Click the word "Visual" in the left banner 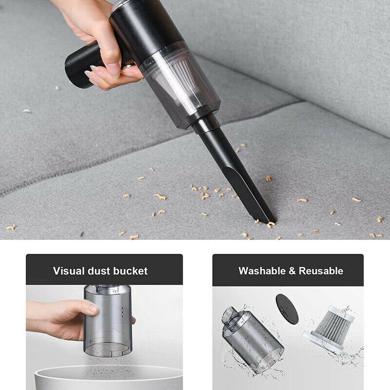click(68, 271)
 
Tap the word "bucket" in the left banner click(130, 271)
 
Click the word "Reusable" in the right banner click(321, 271)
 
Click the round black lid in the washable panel click(287, 309)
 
